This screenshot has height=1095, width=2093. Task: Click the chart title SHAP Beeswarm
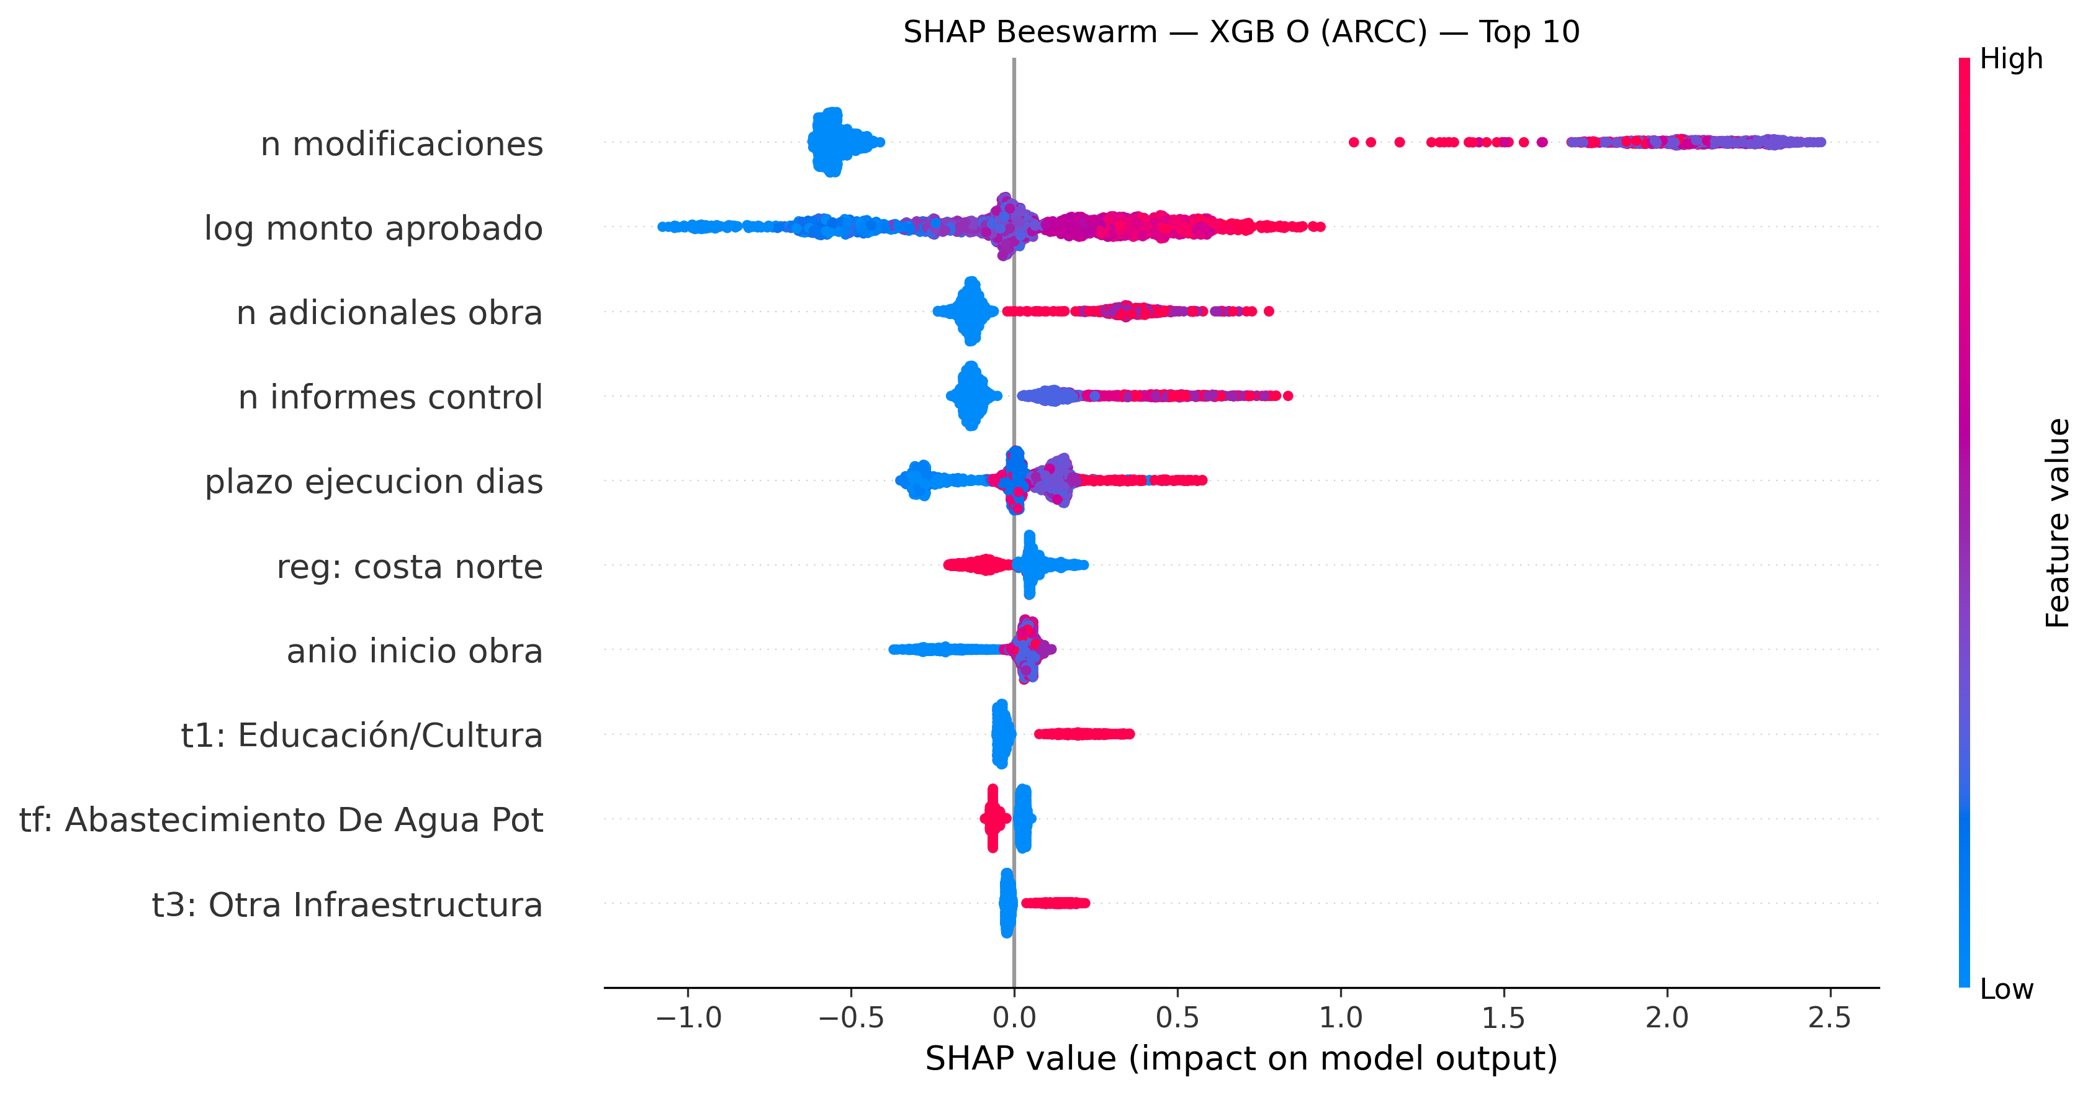1241,32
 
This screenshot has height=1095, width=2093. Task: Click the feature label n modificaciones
402,144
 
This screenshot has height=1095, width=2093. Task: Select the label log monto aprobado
373,228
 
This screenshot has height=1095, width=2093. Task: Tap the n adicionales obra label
389,313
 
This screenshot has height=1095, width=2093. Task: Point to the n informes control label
390,397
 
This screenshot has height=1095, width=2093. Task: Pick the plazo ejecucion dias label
374,482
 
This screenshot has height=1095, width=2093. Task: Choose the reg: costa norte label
410,566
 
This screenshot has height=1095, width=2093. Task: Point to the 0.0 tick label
1014,1016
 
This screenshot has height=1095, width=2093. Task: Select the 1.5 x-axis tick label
1503,1016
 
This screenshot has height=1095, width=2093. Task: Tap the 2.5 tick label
1830,1016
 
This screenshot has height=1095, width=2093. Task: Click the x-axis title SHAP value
1241,1058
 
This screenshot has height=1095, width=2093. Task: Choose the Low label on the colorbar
2006,989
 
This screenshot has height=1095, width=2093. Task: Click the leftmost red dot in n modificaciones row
1353,142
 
